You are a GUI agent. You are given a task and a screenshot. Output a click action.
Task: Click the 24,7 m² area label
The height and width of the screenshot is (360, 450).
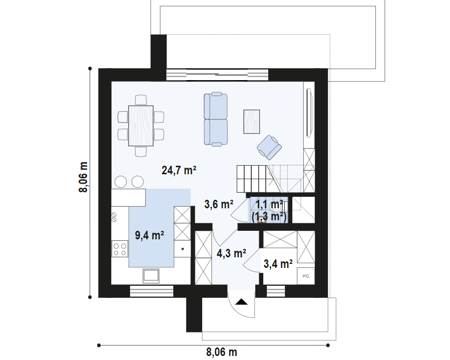pos(179,170)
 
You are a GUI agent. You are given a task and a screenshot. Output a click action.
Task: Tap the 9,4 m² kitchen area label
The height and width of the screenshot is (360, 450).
pos(150,234)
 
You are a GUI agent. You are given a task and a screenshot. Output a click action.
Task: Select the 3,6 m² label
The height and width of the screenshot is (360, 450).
pos(219,204)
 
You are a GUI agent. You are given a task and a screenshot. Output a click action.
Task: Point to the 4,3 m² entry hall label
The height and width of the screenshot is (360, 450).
pos(231,253)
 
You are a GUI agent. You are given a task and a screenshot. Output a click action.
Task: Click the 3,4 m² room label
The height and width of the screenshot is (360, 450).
pos(278,264)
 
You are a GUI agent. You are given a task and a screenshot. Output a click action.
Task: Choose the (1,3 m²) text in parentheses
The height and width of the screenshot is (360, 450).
pos(269,217)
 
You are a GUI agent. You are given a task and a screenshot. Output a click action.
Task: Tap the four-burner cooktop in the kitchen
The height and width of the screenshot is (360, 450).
pos(120,249)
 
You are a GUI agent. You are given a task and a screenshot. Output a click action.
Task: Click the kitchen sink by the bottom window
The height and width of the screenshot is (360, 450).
pos(151,275)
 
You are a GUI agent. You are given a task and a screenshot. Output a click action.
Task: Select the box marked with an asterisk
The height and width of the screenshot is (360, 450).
pos(183,249)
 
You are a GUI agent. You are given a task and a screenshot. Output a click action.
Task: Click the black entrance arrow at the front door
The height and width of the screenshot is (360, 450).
pos(241,302)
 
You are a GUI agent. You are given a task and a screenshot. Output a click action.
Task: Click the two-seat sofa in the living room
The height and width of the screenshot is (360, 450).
pos(216,119)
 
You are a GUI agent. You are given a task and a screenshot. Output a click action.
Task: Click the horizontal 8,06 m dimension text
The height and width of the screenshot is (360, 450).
pos(221,352)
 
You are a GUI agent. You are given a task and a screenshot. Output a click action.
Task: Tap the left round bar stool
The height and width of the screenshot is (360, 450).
pos(121,181)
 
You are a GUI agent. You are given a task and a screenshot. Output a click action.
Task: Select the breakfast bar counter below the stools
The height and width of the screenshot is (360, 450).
pos(128,197)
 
